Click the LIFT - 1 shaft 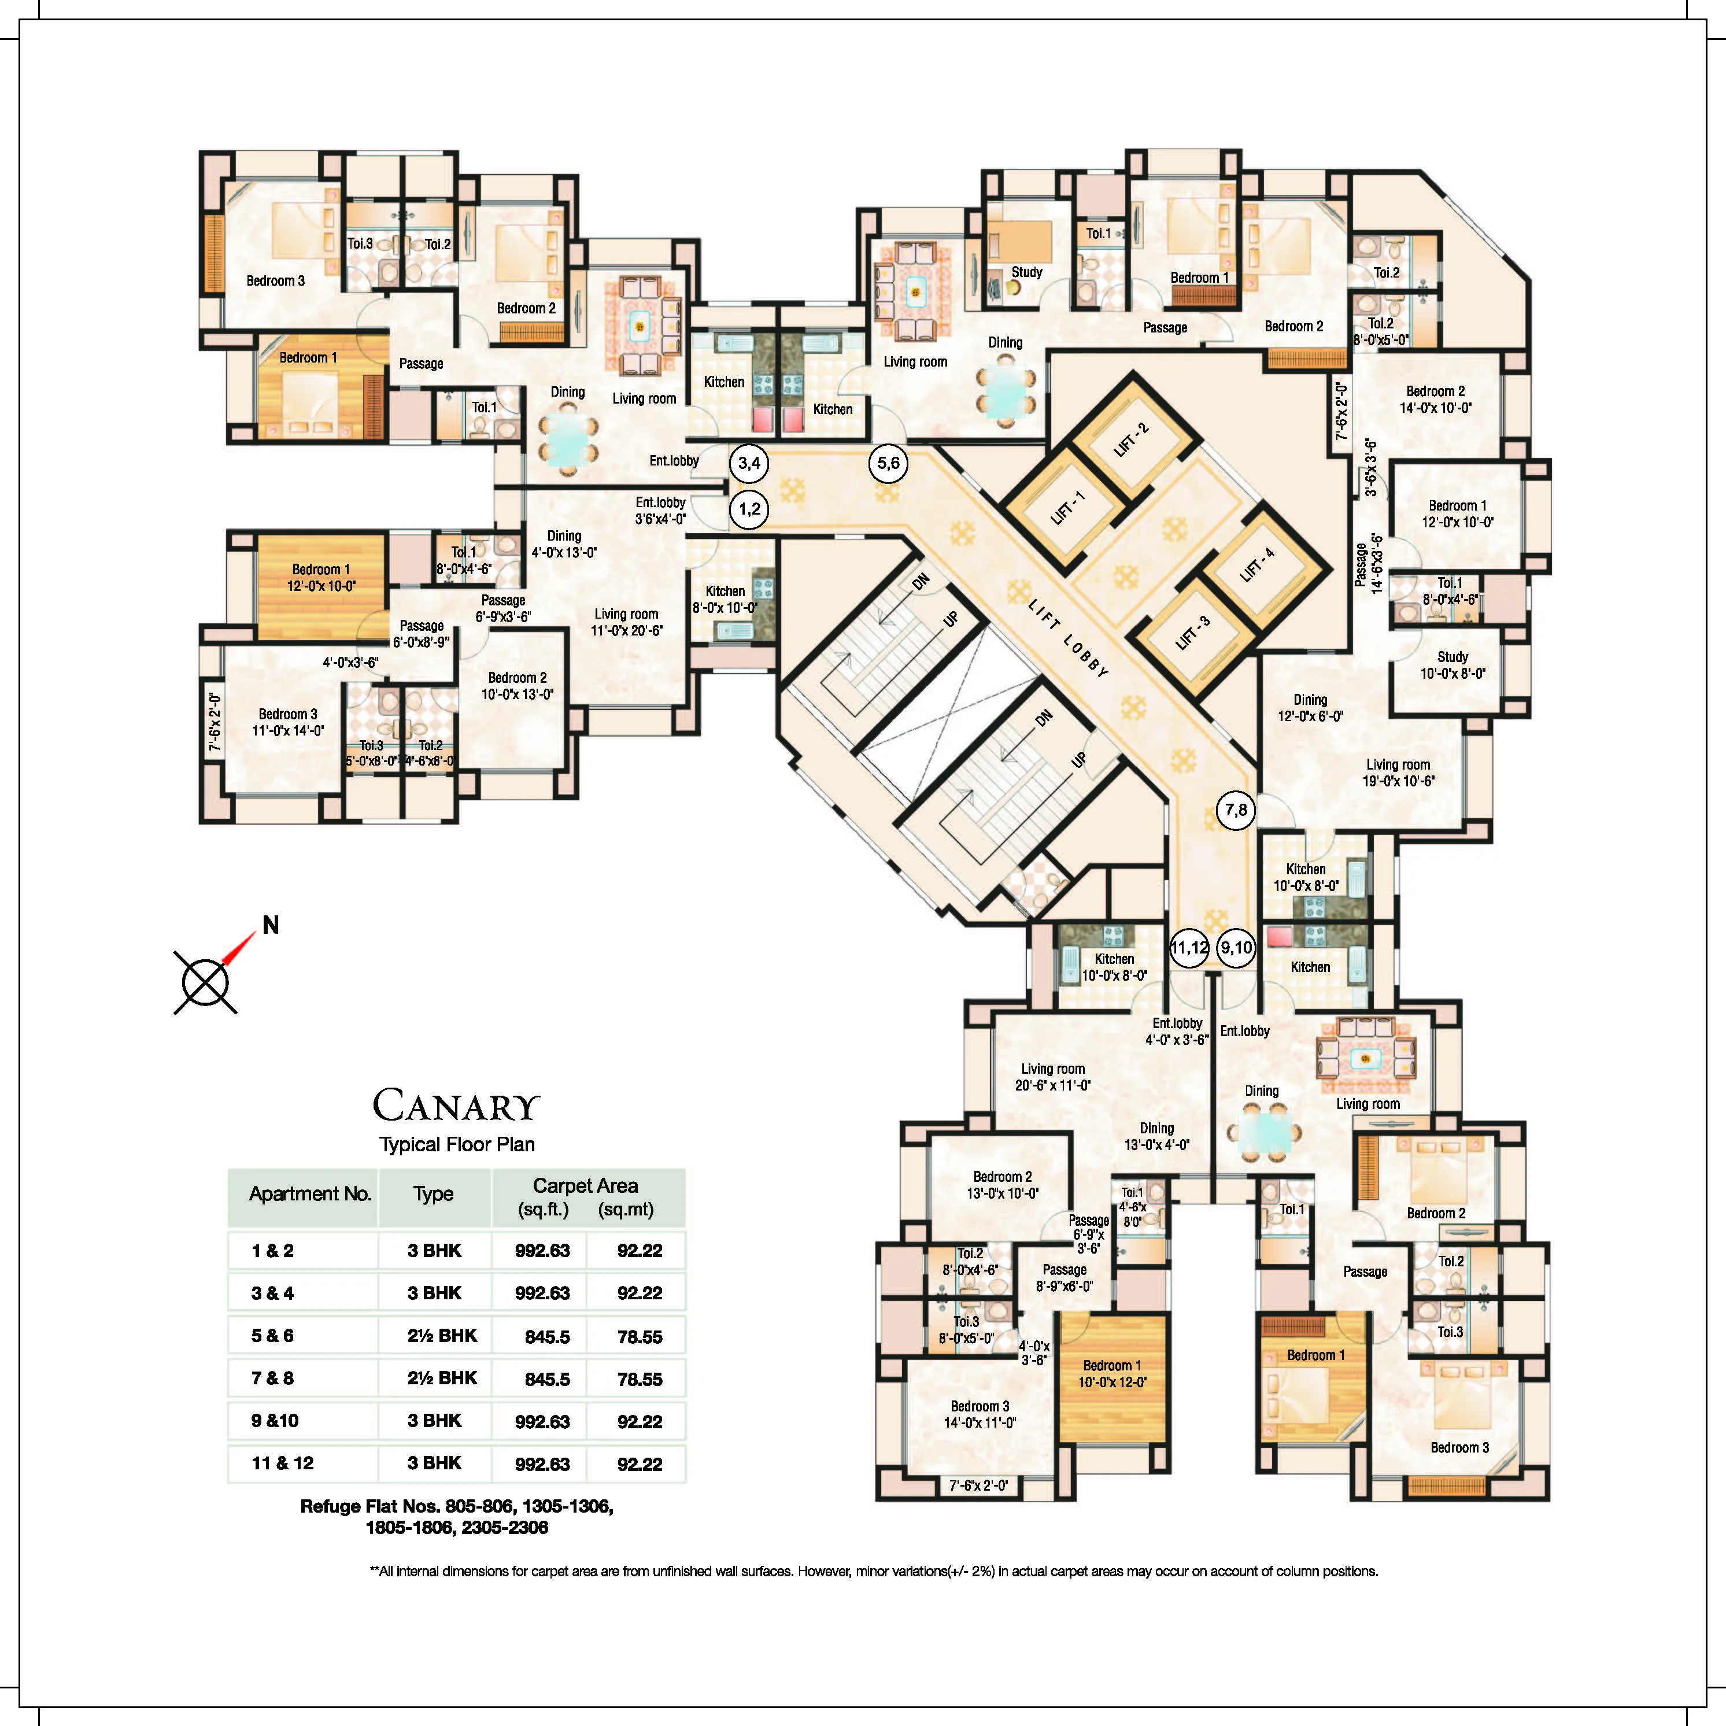coord(1069,508)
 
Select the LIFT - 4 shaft coord(1258,564)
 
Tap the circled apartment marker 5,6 coord(888,463)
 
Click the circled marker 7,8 coord(1236,810)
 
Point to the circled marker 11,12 coord(1189,948)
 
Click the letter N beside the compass coord(271,926)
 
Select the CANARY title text coord(457,1106)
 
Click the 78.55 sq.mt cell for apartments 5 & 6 coord(640,1336)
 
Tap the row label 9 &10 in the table coord(275,1421)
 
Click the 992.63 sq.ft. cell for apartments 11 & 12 coord(542,1463)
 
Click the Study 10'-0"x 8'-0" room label coord(1452,666)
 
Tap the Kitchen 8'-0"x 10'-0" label coord(725,600)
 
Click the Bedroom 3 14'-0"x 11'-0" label coord(980,1414)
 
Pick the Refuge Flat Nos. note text coord(457,1517)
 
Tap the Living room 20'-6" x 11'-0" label coord(1052,1077)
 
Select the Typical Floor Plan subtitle coord(457,1144)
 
